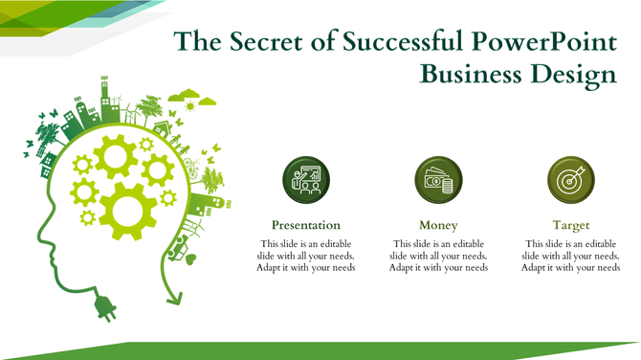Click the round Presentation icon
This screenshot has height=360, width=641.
click(306, 179)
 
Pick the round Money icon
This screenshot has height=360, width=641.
click(438, 179)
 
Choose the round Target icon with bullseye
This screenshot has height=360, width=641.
click(570, 179)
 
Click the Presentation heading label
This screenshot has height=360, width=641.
click(306, 225)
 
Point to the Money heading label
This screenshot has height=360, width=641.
click(438, 225)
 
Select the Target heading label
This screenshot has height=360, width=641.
click(570, 225)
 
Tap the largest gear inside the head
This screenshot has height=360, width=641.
click(127, 209)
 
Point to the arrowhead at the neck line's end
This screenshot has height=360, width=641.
click(173, 299)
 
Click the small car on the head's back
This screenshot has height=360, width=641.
click(176, 252)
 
